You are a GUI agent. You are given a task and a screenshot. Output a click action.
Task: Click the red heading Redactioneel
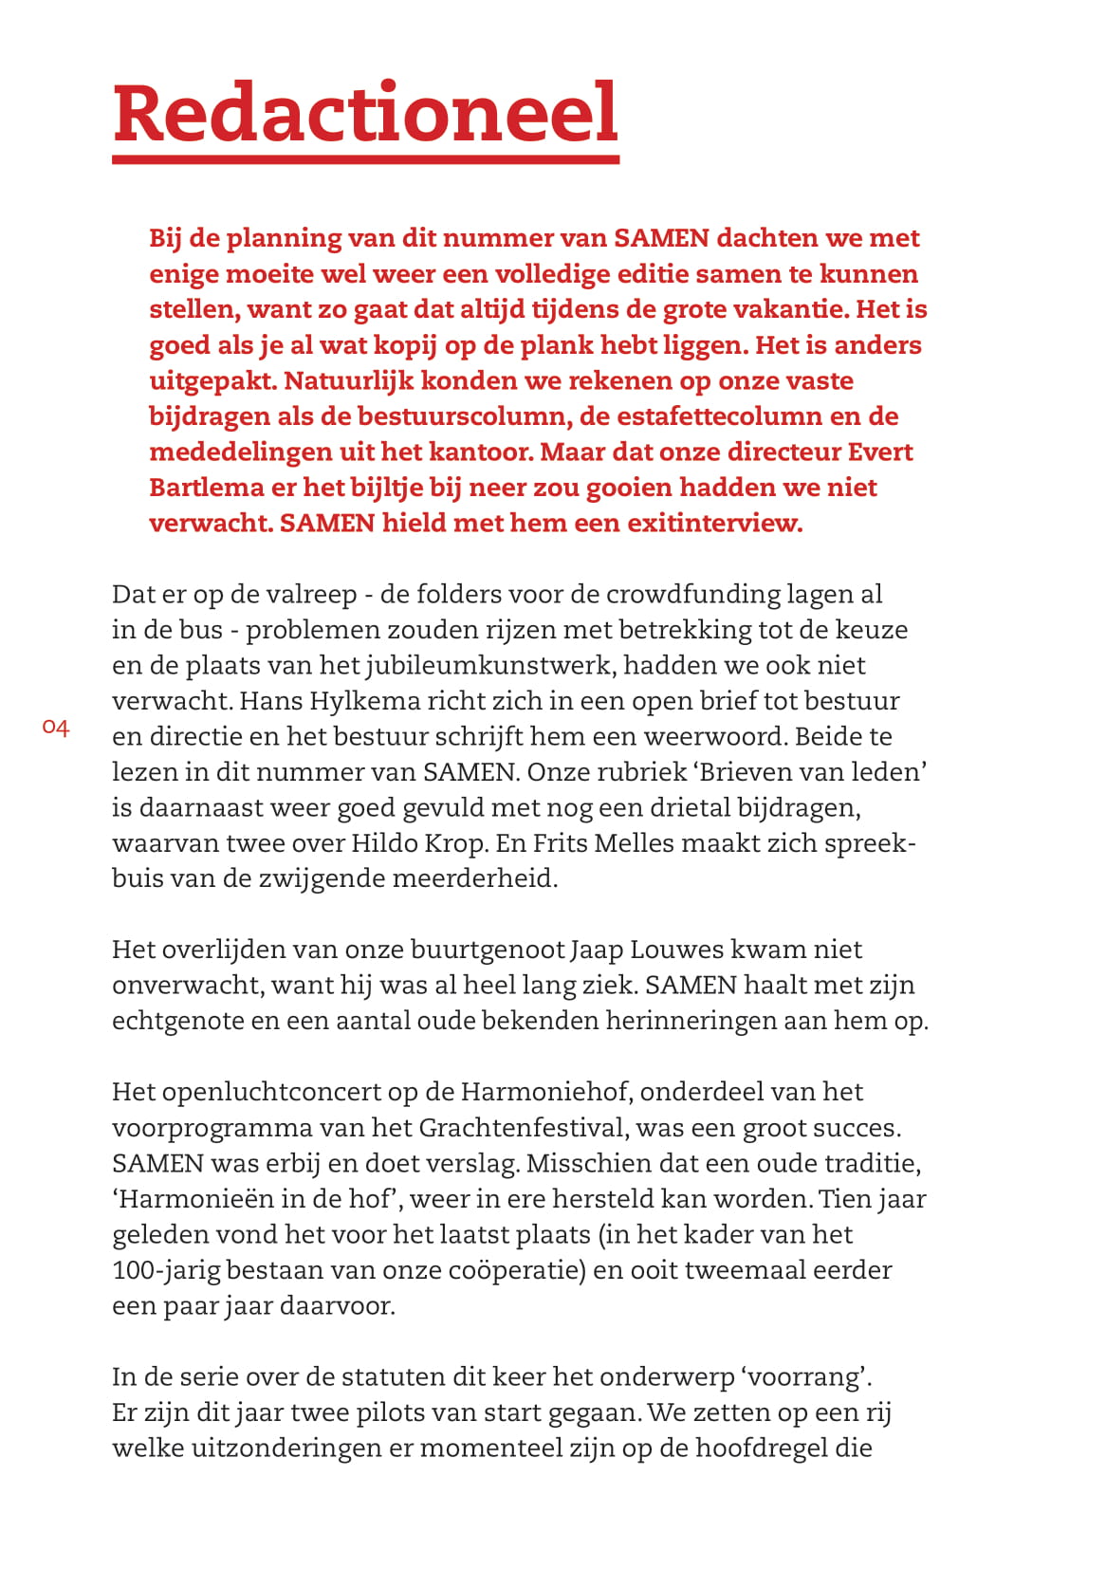click(x=365, y=113)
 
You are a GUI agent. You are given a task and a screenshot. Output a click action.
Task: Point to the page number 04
click(x=56, y=728)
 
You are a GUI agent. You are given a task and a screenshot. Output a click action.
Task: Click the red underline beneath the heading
click(x=365, y=158)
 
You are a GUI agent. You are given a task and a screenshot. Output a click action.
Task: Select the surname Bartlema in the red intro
click(x=207, y=488)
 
